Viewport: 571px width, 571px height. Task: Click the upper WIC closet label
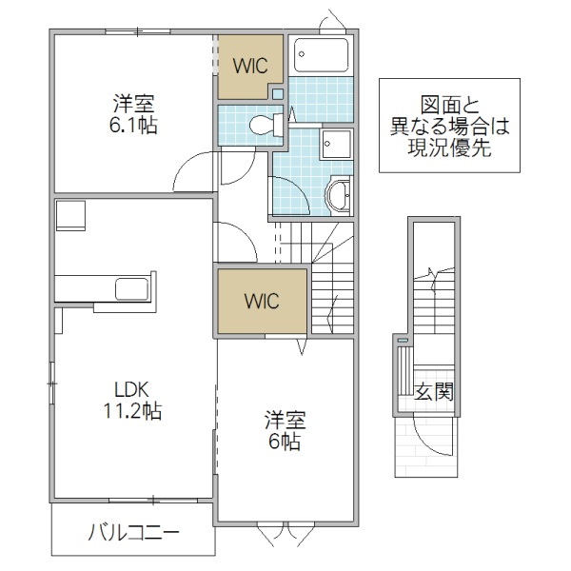[x=250, y=65]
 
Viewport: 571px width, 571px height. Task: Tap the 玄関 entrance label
[x=433, y=391]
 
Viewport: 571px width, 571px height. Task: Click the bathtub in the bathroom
[x=321, y=56]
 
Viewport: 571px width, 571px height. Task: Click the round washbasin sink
[x=338, y=196]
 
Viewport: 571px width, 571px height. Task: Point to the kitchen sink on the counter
[x=128, y=287]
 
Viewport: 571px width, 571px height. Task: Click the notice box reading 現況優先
[x=450, y=125]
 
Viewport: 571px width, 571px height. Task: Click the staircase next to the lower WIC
[x=332, y=285]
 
